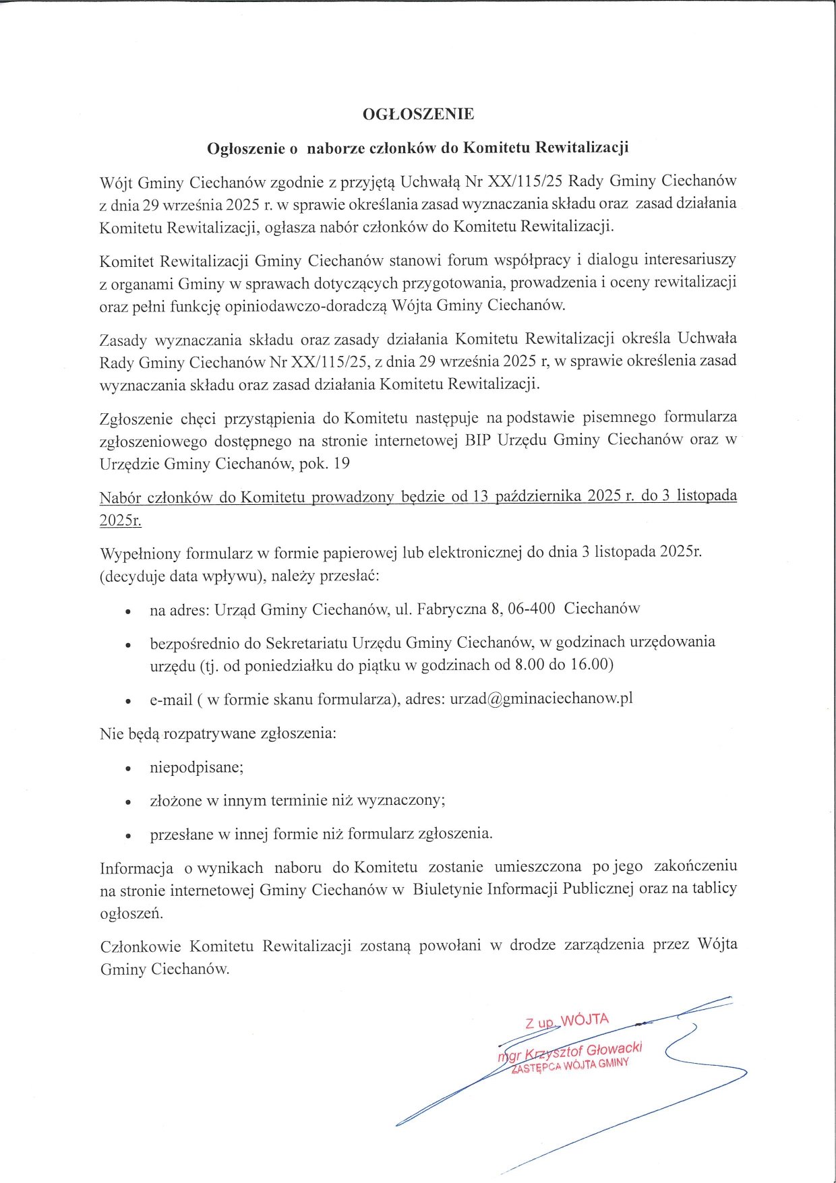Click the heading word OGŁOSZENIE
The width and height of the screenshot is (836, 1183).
tap(418, 114)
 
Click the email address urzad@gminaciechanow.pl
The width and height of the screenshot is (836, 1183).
tap(541, 698)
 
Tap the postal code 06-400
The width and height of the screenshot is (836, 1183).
tap(531, 609)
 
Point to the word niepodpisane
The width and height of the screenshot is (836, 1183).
tap(196, 767)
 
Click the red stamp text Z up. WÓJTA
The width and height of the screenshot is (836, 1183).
tap(567, 1021)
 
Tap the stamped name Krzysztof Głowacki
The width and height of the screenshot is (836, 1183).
tap(583, 1051)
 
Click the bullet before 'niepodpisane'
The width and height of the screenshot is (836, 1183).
tap(127, 768)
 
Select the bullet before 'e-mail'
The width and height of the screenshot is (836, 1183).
tap(127, 701)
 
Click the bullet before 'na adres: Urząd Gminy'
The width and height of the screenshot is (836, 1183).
tap(127, 611)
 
